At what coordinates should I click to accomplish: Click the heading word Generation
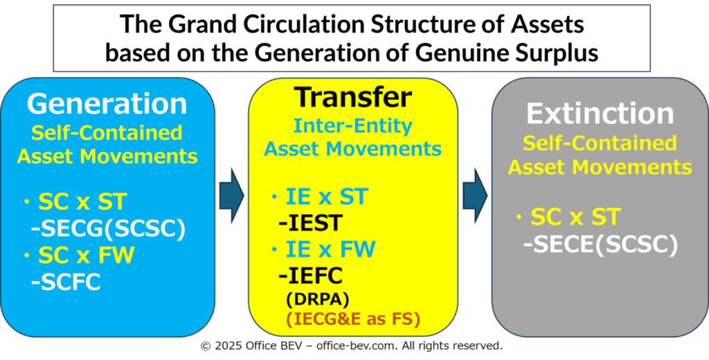coord(107,104)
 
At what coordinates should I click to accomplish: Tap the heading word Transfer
coord(352,96)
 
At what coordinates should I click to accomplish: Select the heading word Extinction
coord(600,114)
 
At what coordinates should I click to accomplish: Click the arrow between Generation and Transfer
coord(231,195)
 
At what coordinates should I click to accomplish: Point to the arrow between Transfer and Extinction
coord(475,195)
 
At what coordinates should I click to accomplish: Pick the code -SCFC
coord(66,282)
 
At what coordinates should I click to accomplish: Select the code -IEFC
coord(310,276)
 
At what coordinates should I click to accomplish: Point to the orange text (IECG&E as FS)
coord(352,319)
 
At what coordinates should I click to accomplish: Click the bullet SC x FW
coord(80,256)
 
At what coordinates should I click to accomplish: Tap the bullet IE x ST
coord(320,197)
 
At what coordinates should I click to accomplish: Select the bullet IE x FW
coord(323,249)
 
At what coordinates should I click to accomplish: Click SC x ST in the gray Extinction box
coord(567,217)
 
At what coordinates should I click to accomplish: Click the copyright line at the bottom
coord(352,346)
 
